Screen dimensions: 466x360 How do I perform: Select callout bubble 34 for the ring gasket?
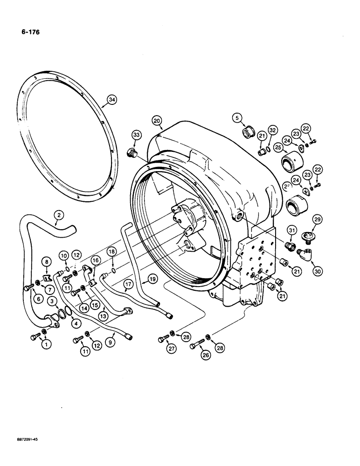point(111,99)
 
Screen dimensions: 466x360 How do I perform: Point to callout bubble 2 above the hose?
point(58,215)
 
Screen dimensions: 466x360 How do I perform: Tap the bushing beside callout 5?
point(248,131)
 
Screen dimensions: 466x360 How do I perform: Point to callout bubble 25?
point(279,148)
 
